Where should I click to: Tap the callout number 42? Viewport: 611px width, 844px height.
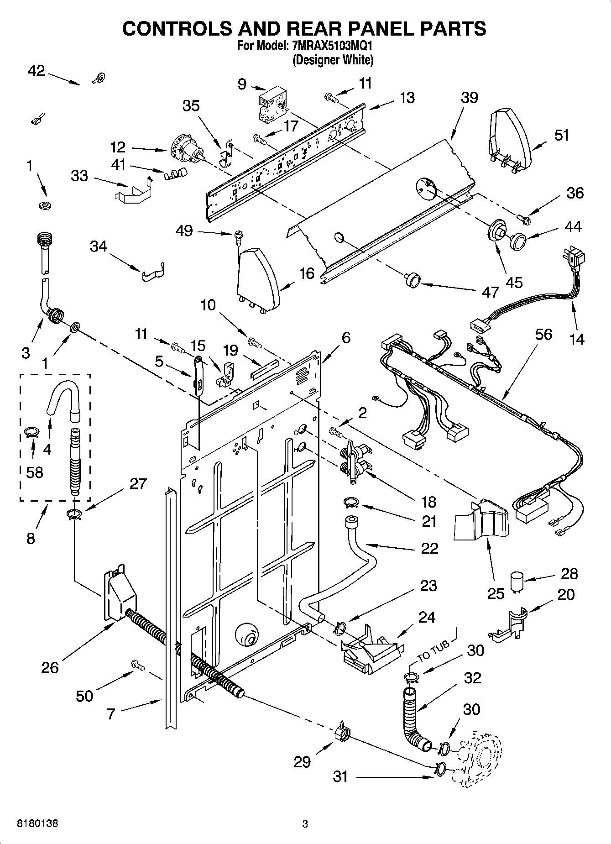click(36, 72)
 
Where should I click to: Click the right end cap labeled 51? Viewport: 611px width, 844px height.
click(510, 139)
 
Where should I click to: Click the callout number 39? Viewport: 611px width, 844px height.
click(469, 98)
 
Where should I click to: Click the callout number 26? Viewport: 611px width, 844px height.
click(50, 668)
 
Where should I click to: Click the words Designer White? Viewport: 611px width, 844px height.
click(334, 60)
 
